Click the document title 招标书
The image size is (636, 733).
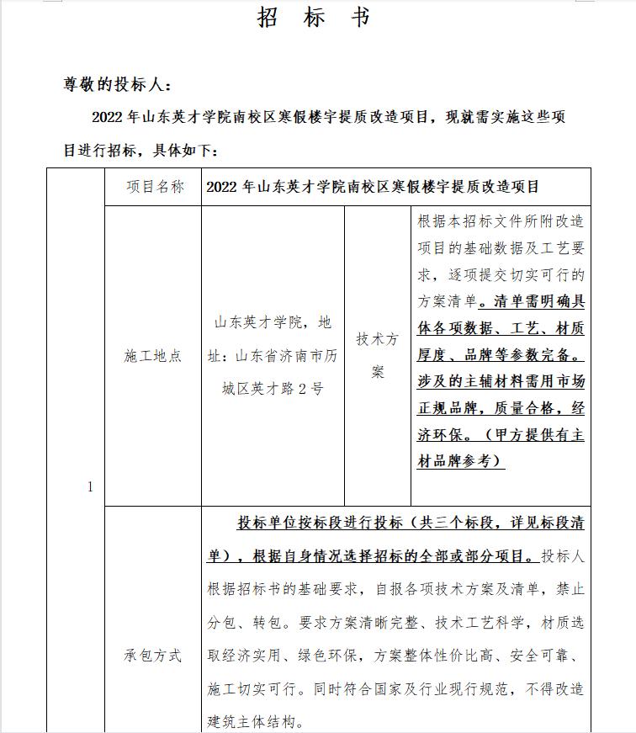(314, 18)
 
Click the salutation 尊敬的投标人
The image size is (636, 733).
(117, 84)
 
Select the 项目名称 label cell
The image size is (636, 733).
(154, 187)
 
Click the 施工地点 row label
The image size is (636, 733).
(153, 356)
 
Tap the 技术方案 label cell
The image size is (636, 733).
(378, 355)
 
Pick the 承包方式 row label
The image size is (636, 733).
(153, 655)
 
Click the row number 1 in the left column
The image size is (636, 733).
(90, 487)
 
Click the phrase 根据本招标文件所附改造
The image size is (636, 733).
(501, 221)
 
